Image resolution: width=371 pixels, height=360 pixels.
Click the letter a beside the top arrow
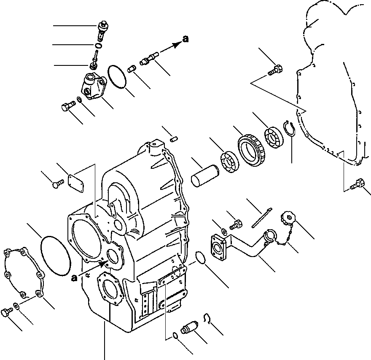tap(185, 40)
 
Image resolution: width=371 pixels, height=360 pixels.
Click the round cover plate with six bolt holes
tap(22, 271)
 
